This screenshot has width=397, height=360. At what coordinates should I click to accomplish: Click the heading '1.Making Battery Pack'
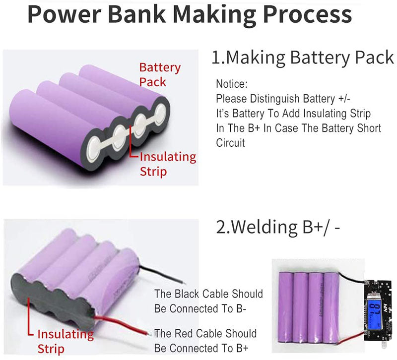coord(303,58)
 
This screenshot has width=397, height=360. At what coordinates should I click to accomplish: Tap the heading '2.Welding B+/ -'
coord(278,227)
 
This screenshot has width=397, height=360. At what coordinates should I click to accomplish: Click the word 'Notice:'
coord(231,84)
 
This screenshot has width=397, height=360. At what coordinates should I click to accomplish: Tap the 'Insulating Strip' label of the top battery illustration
coord(167,164)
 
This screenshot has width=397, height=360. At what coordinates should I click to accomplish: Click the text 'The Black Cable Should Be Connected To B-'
coord(208,301)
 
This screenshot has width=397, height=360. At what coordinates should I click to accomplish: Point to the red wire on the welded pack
coord(124,324)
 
